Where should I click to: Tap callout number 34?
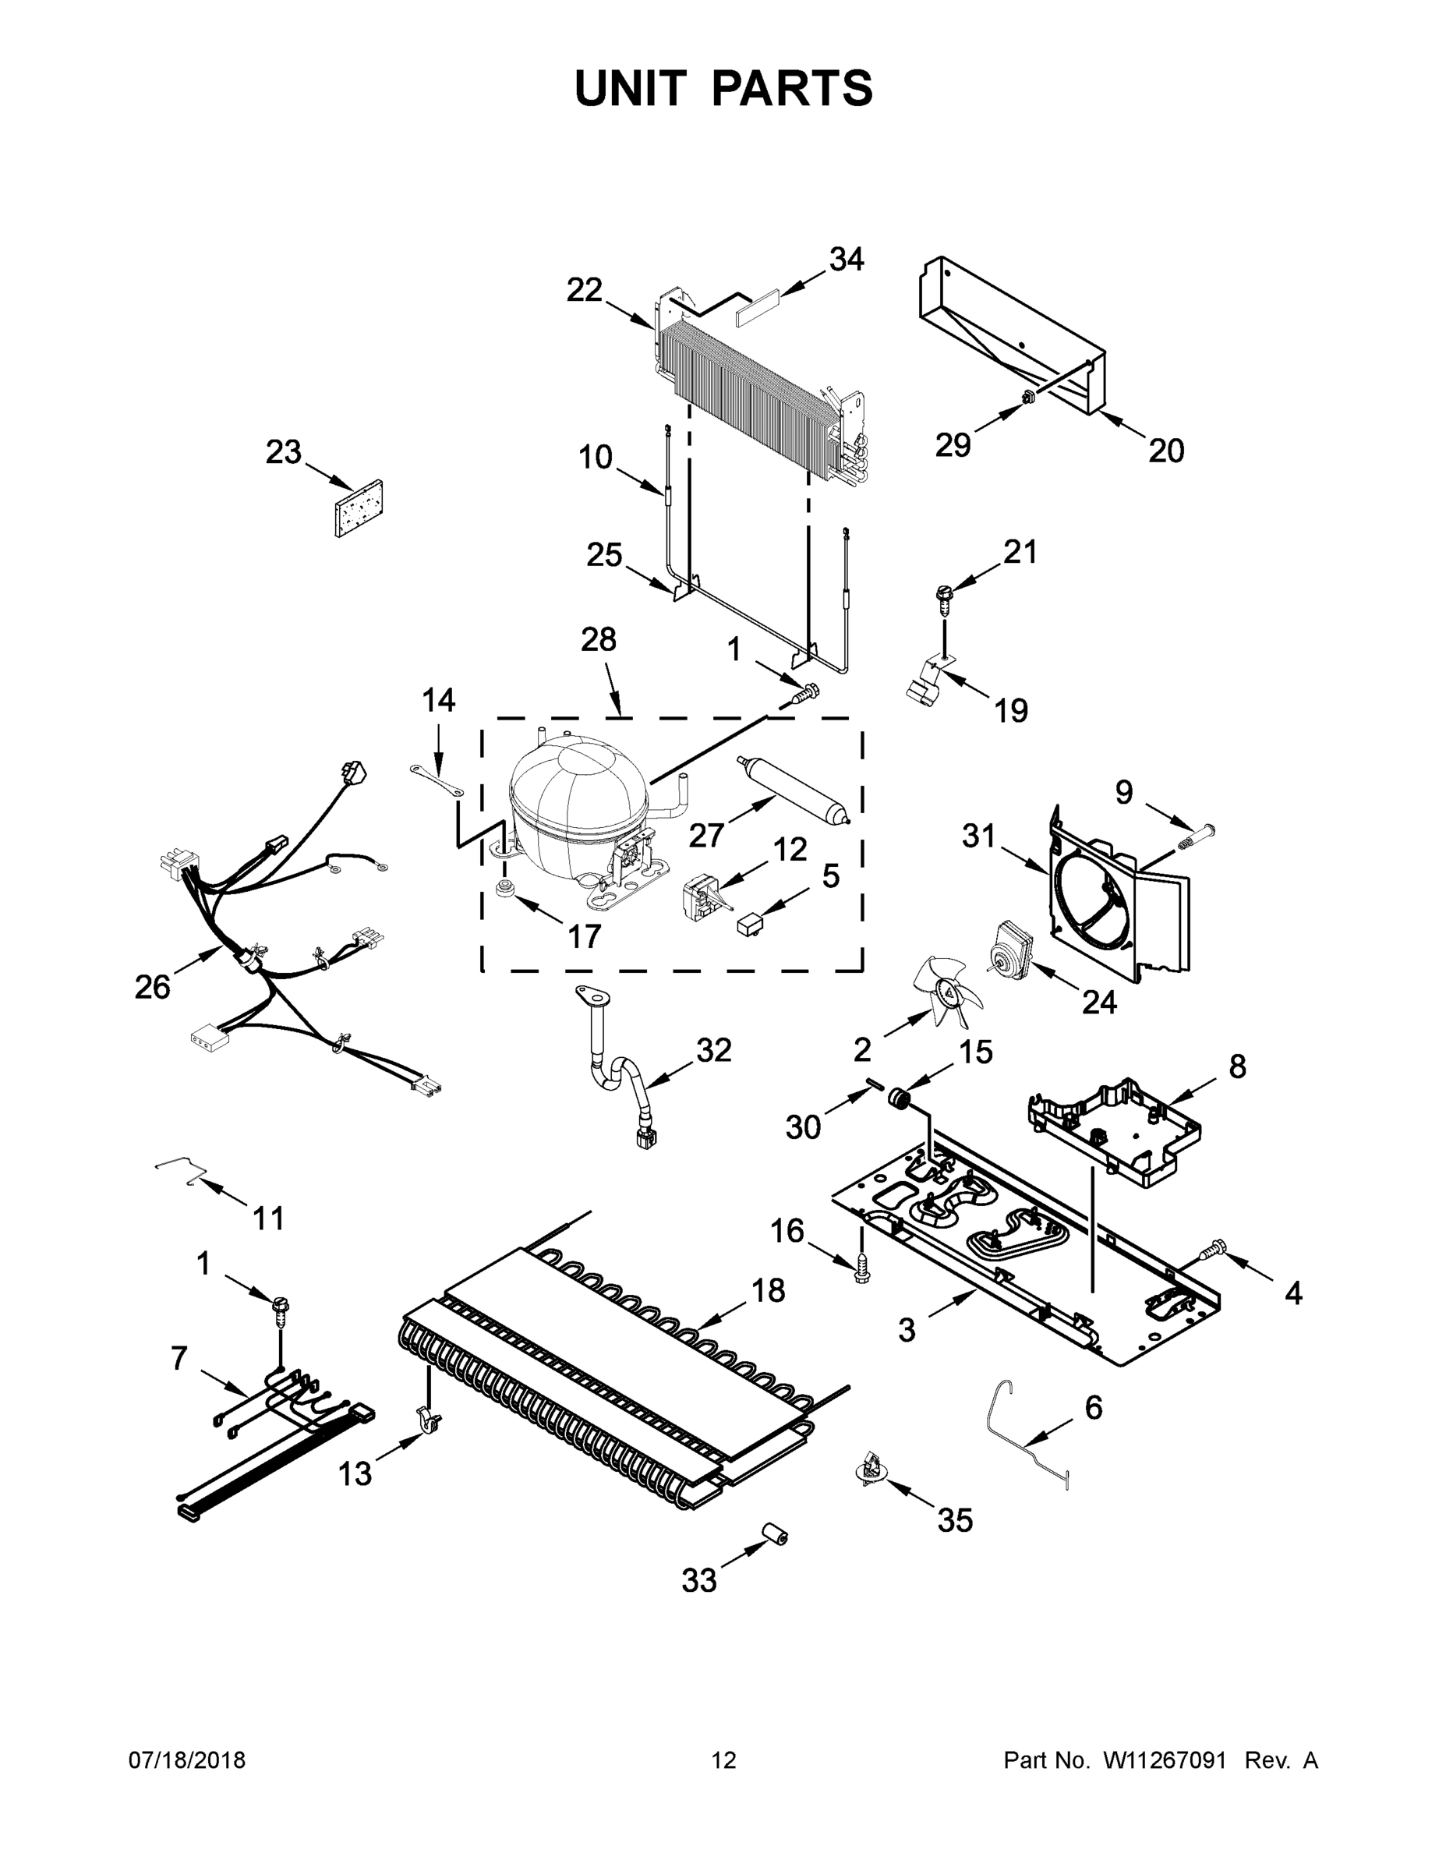847,259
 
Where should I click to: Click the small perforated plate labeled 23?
359,508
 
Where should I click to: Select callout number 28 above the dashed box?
598,639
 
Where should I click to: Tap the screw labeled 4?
1212,1254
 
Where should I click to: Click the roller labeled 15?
899,1099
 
